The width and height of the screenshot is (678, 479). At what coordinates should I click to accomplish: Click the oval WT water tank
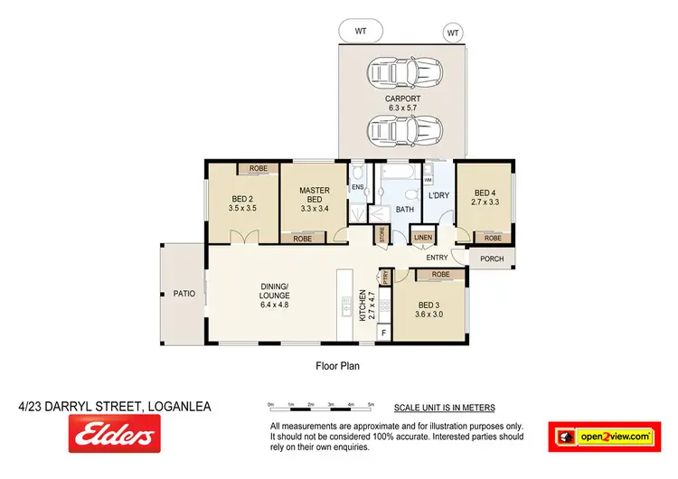362,31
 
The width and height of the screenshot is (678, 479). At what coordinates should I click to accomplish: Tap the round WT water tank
452,33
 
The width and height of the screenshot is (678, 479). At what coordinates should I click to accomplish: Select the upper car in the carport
400,74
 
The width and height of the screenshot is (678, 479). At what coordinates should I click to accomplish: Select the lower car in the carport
400,132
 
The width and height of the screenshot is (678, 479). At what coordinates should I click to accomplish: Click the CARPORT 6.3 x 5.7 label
399,103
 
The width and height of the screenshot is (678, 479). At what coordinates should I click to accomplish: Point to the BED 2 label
243,203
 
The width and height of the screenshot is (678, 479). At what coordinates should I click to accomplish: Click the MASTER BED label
314,199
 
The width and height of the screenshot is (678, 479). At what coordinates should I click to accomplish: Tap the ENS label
357,188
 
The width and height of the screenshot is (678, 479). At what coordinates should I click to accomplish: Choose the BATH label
404,209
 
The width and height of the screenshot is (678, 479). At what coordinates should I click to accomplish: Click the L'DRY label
438,195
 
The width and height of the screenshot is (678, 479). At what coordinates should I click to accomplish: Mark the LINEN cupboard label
423,238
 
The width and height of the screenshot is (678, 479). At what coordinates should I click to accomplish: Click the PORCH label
492,259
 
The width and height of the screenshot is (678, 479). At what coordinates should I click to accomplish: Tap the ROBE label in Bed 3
440,274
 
